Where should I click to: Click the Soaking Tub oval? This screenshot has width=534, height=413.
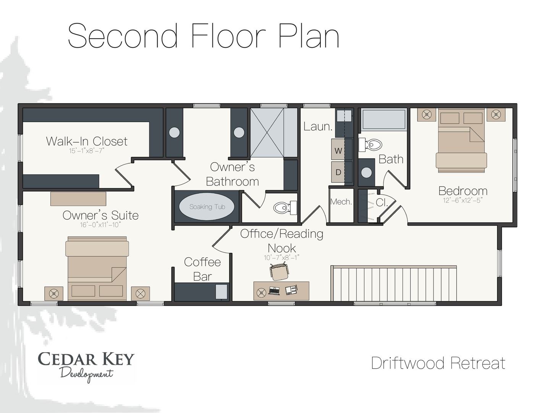coord(207,206)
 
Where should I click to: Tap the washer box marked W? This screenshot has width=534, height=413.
coord(338,150)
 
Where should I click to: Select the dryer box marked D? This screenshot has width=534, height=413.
coord(338,172)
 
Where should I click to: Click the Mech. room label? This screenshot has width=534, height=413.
coord(341,202)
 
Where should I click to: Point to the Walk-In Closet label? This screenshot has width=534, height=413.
coord(87,141)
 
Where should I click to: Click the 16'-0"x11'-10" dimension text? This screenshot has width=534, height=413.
coord(100,225)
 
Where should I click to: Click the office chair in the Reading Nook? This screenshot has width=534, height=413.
coord(279,271)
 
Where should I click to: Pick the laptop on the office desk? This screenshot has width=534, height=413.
coord(274,291)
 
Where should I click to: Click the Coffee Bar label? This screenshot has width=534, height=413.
coord(202,269)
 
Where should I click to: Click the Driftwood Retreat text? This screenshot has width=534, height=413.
coord(438,363)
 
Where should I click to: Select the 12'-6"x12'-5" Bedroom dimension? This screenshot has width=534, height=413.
coord(463,200)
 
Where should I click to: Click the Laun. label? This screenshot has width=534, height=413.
coord(318,127)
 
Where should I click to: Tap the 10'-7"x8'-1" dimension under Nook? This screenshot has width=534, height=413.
coord(282,258)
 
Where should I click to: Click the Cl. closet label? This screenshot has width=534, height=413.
coord(382,202)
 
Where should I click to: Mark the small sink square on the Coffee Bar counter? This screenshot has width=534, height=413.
coord(221,292)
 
